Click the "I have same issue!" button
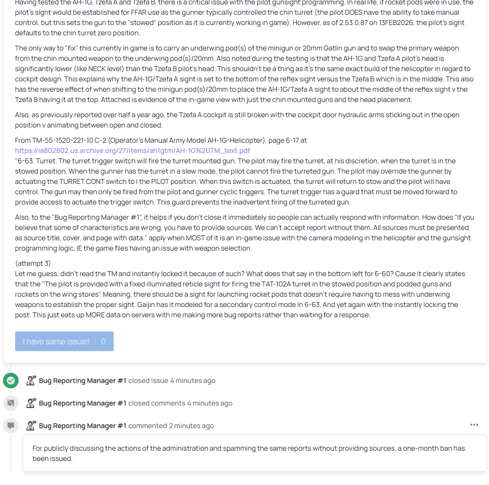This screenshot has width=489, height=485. pyautogui.click(x=56, y=341)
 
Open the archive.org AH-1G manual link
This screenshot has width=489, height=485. pyautogui.click(x=132, y=151)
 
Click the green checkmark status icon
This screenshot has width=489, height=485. pyautogui.click(x=10, y=381)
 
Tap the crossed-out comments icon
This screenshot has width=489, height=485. pyautogui.click(x=10, y=403)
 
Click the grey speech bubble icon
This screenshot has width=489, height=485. pyautogui.click(x=10, y=426)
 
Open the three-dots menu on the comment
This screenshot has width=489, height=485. pyautogui.click(x=474, y=425)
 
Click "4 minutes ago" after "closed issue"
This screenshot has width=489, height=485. pyautogui.click(x=193, y=381)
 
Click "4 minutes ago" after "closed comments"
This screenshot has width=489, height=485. pyautogui.click(x=210, y=403)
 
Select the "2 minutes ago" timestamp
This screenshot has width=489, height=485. pyautogui.click(x=192, y=426)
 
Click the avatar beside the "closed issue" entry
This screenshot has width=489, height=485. pyautogui.click(x=31, y=381)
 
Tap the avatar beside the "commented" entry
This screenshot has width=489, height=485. pyautogui.click(x=31, y=426)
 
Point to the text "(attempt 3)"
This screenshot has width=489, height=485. pyautogui.click(x=33, y=263)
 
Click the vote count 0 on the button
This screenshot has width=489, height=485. pyautogui.click(x=103, y=341)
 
